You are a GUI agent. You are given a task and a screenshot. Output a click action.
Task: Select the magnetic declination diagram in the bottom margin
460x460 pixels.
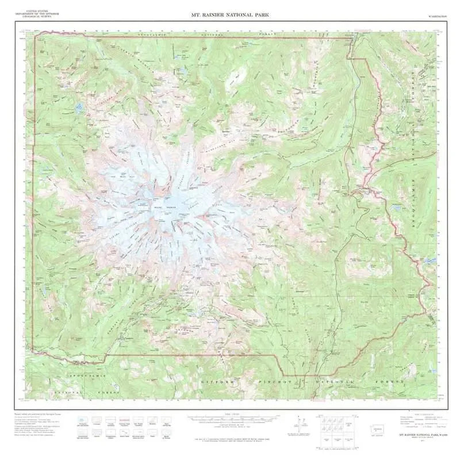[297, 424]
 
